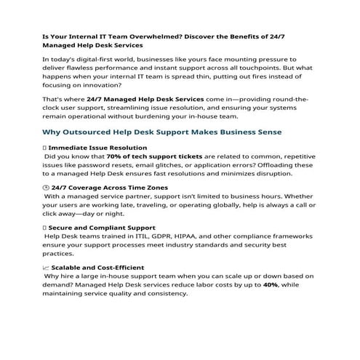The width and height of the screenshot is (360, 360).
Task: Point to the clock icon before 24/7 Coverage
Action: click(47, 188)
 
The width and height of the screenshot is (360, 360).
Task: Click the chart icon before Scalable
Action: click(47, 268)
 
